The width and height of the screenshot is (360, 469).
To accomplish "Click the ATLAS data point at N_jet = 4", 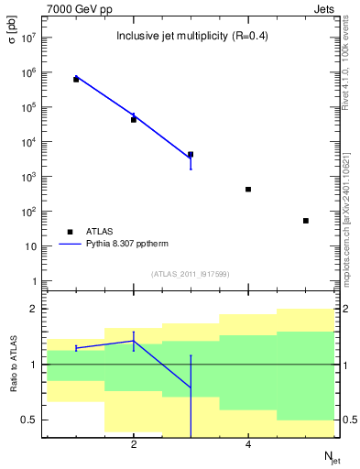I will point(248,190).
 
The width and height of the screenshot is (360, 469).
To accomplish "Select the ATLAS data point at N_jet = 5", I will point(306,221).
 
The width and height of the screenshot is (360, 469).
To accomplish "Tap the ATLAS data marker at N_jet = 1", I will point(76,80).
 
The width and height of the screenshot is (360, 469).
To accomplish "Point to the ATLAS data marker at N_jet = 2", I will point(134,120).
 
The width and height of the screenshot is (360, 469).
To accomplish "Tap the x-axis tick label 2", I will point(134,445).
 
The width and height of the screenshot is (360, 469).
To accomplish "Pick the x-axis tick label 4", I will point(248,445).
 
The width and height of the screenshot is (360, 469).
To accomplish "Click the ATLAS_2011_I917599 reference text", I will point(190,274).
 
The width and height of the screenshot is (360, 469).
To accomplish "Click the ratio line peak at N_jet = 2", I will point(134,341).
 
